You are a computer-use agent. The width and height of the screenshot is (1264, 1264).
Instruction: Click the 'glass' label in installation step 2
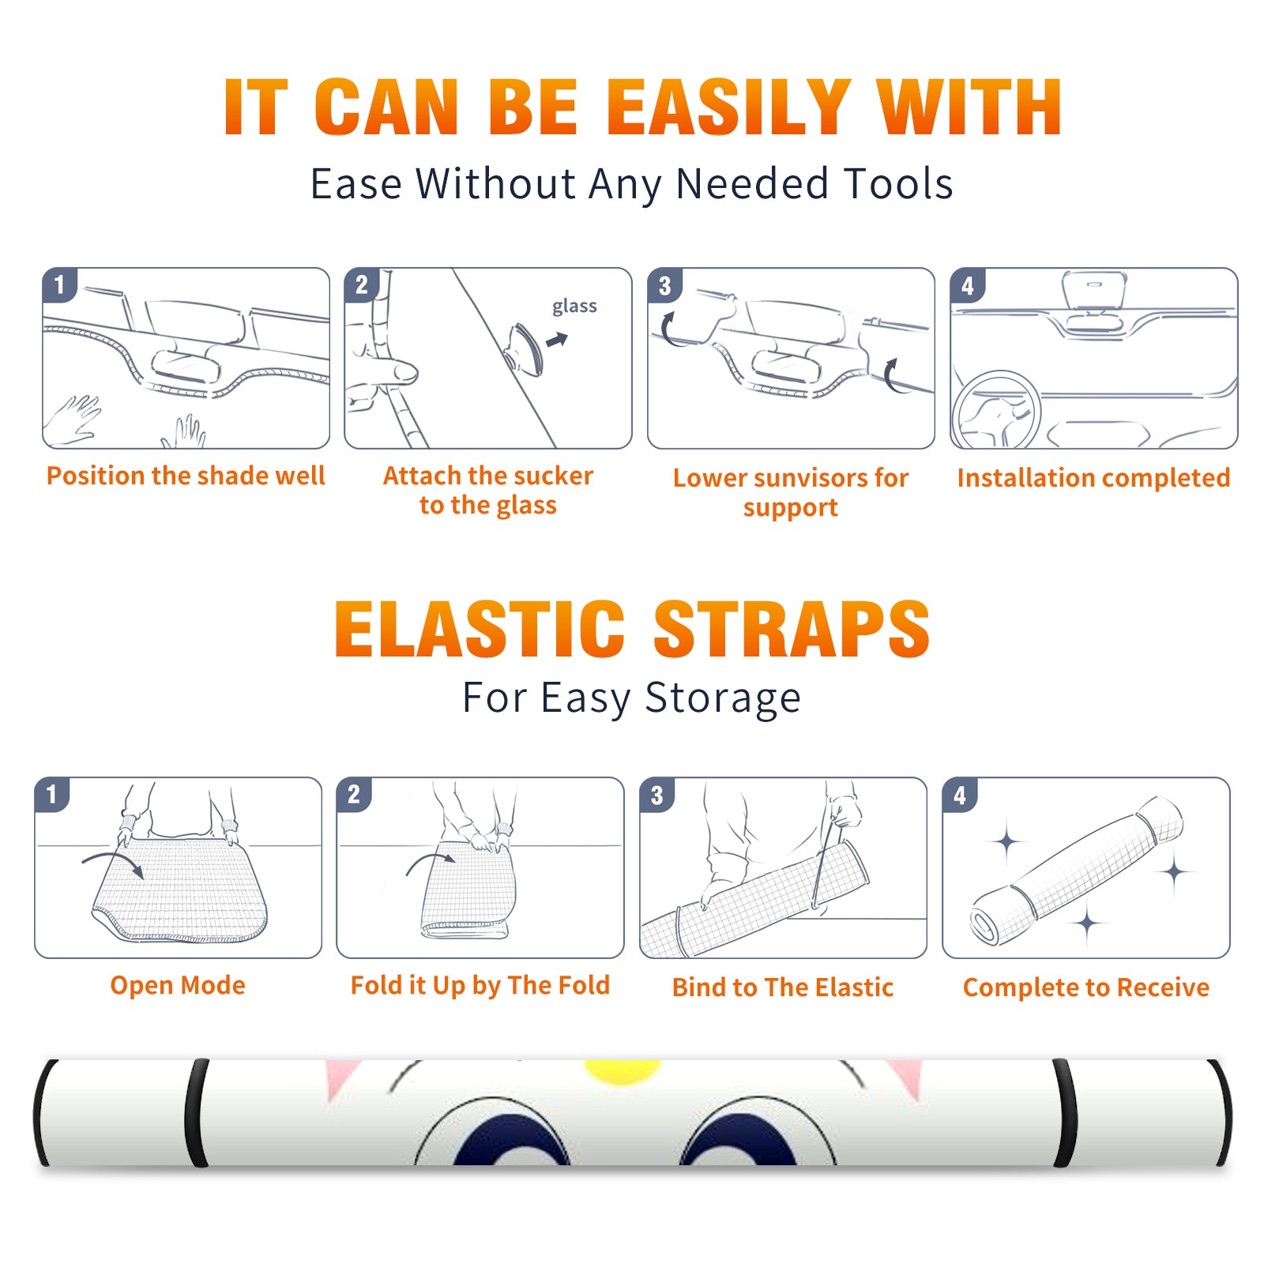click(x=574, y=306)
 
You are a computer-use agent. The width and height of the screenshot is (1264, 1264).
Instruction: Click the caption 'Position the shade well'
click(x=186, y=476)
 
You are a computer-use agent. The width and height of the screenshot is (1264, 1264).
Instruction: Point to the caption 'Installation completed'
click(x=1093, y=477)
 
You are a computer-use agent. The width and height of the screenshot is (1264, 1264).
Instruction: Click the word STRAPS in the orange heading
click(x=792, y=629)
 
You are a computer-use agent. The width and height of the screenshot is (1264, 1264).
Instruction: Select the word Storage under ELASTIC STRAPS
click(x=723, y=698)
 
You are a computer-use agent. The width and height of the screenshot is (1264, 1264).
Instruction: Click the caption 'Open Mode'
click(x=178, y=985)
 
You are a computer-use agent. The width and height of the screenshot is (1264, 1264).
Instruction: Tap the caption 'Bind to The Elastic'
click(x=783, y=987)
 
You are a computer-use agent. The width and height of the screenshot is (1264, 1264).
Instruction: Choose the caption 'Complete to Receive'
click(x=1086, y=987)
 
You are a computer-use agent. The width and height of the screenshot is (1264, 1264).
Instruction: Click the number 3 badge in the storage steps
click(x=657, y=795)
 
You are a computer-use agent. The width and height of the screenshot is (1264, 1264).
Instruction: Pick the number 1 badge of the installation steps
click(x=60, y=285)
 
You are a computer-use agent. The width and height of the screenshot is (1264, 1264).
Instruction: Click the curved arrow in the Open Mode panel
click(x=113, y=862)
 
